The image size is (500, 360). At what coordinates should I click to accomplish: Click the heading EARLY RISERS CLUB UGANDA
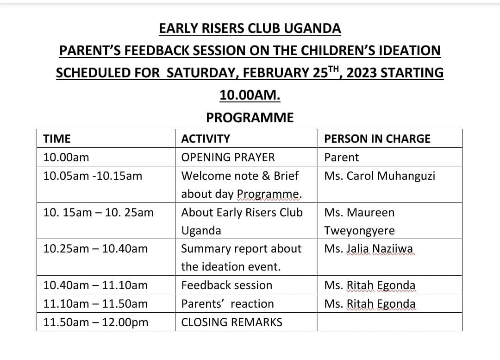pyautogui.click(x=250, y=29)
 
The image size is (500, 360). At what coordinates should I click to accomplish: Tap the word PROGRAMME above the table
pyautogui.click(x=250, y=118)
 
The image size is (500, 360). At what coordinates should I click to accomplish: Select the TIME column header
pyautogui.click(x=56, y=139)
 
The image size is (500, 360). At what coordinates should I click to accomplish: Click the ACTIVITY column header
pyautogui.click(x=206, y=139)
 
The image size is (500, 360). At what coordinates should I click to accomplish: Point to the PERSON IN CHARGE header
pyautogui.click(x=377, y=139)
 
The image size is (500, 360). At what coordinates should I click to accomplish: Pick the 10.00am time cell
pyautogui.click(x=66, y=158)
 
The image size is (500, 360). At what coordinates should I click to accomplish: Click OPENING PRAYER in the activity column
pyautogui.click(x=228, y=158)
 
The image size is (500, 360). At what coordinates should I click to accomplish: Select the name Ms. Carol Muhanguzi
pyautogui.click(x=380, y=176)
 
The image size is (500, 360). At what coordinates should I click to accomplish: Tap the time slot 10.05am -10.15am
pyautogui.click(x=93, y=176)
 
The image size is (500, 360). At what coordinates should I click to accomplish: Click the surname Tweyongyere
pyautogui.click(x=360, y=231)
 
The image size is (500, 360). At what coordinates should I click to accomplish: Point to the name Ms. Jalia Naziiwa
pyautogui.click(x=369, y=249)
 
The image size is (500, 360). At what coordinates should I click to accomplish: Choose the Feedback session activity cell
pyautogui.click(x=227, y=285)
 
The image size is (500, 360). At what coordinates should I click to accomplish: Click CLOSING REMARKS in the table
pyautogui.click(x=231, y=322)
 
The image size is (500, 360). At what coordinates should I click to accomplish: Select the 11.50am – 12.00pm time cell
pyautogui.click(x=96, y=322)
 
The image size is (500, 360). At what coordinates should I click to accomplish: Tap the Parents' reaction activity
pyautogui.click(x=227, y=304)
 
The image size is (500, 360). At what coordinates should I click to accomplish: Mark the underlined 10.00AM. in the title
pyautogui.click(x=250, y=95)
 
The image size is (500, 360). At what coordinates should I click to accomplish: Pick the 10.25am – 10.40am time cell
pyautogui.click(x=95, y=249)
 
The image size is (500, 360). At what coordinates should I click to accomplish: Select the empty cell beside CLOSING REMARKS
pyautogui.click(x=390, y=322)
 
